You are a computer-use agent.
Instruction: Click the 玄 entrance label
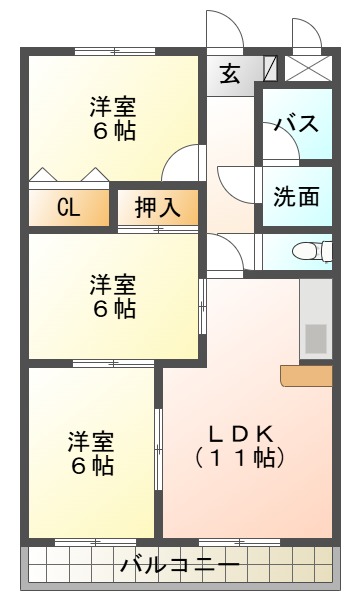(x=230, y=74)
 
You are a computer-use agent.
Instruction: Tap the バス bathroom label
(x=297, y=124)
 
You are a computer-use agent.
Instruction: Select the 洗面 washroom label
(x=297, y=195)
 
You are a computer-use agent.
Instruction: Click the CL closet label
(x=68, y=208)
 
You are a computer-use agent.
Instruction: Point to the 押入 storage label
(x=158, y=208)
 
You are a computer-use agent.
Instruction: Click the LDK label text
(x=241, y=434)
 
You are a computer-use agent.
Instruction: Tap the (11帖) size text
(x=241, y=458)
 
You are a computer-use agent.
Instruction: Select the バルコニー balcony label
(x=180, y=566)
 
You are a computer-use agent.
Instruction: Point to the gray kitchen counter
(x=316, y=320)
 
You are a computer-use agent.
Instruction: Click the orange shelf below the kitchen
(x=306, y=375)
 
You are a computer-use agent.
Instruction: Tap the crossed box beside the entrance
(x=306, y=68)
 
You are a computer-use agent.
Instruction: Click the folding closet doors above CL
(x=68, y=177)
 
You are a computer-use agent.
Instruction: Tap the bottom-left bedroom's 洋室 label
(x=91, y=441)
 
